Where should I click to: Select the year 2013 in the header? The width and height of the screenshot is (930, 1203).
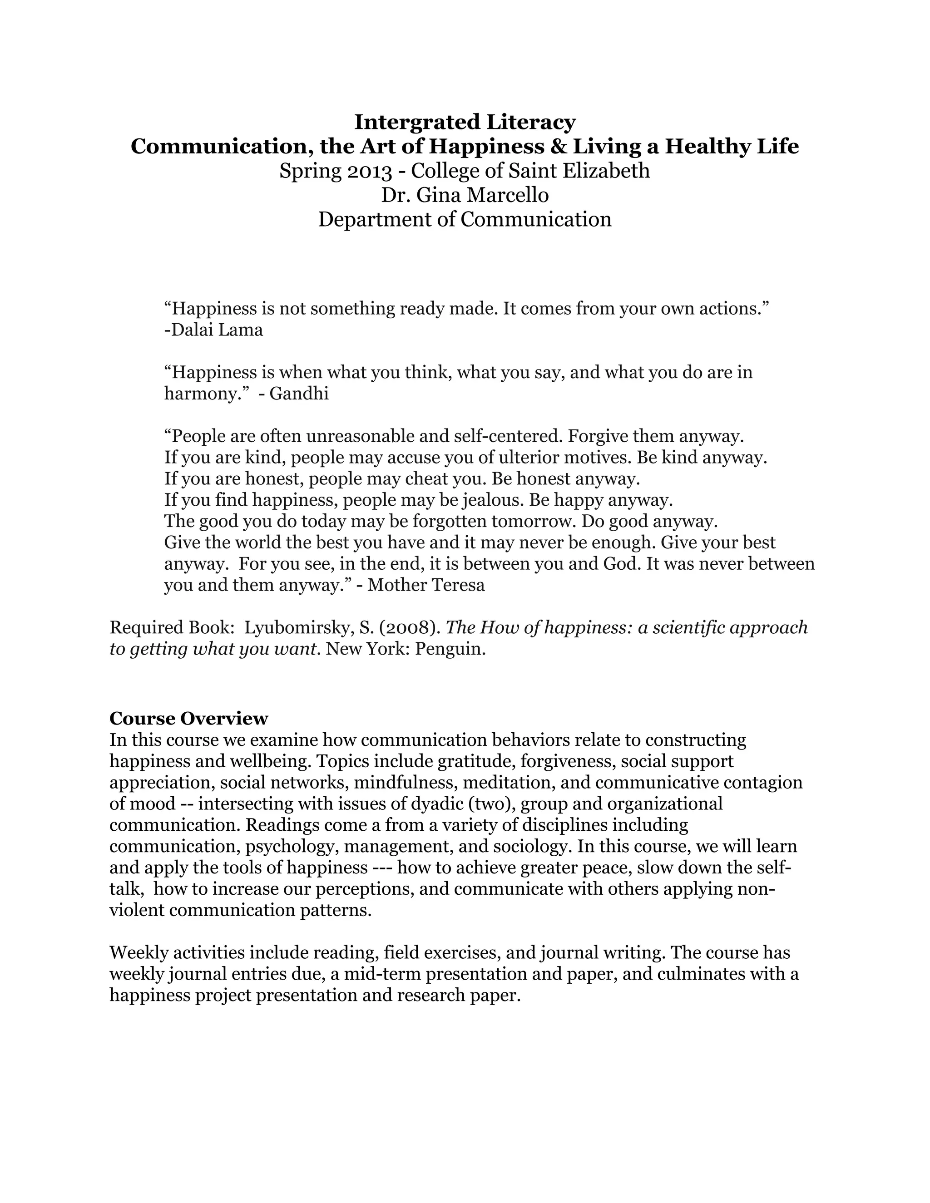(369, 171)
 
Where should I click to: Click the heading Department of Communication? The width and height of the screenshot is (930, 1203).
(465, 219)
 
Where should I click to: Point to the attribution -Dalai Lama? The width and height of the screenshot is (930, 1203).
(213, 330)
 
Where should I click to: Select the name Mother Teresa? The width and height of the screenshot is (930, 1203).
(426, 585)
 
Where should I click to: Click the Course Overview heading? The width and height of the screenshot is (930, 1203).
(188, 718)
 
